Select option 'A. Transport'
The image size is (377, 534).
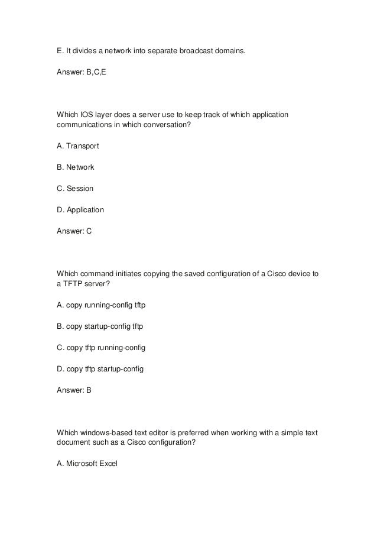click(77, 146)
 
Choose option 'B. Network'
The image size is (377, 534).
click(75, 167)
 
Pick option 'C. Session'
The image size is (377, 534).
click(74, 189)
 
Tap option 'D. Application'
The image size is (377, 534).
click(80, 210)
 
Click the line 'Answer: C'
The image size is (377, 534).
click(74, 231)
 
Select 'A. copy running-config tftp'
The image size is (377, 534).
click(100, 305)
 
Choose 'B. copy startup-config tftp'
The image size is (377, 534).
click(100, 326)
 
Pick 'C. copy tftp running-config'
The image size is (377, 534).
click(100, 348)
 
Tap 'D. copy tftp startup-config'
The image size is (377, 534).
click(100, 369)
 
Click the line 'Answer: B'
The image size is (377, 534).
click(74, 390)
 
